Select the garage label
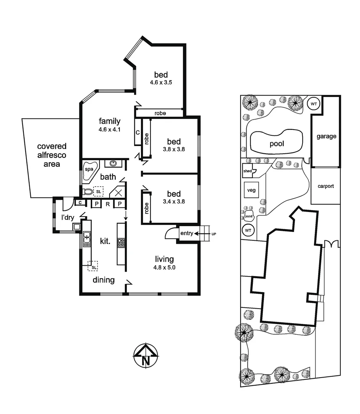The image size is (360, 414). click(326, 136)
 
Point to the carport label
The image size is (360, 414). click(326, 186)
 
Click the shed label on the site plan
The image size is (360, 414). click(247, 171)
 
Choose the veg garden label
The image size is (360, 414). click(251, 190)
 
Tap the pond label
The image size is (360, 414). click(249, 216)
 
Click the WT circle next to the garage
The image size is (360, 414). click(314, 103)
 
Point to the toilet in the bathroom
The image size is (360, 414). click(88, 192)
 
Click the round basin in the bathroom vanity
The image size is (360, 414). click(113, 164)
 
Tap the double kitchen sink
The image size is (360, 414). click(87, 238)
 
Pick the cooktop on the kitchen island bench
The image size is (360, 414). click(121, 242)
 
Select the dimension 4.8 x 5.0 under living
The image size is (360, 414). click(164, 268)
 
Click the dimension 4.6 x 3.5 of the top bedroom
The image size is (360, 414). click(161, 82)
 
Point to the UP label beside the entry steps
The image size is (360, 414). click(214, 233)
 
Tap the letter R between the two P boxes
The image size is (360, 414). click(108, 204)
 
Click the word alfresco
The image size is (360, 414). click(52, 155)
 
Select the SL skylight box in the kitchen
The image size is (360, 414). click(93, 265)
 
